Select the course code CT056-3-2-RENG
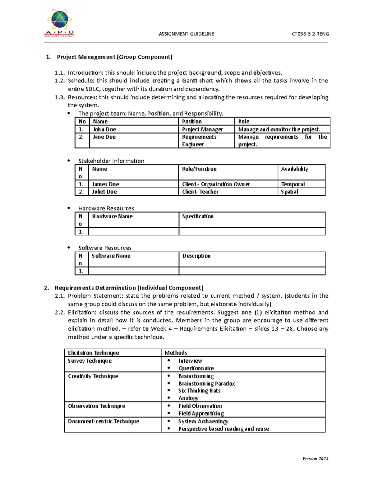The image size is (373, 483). click(x=310, y=34)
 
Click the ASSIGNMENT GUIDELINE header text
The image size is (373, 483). click(x=186, y=34)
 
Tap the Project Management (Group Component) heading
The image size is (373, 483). click(x=114, y=57)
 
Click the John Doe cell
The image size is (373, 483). click(x=104, y=129)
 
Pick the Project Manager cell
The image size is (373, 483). click(x=202, y=129)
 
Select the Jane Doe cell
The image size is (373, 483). click(x=104, y=137)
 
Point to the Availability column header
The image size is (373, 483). click(x=294, y=169)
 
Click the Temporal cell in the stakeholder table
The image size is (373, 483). click(x=293, y=184)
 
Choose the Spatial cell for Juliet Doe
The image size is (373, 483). click(x=289, y=192)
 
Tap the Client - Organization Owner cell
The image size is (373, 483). click(x=216, y=184)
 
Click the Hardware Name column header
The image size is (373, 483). click(x=112, y=216)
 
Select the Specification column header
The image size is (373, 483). click(x=198, y=216)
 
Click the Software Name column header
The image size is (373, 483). click(x=111, y=256)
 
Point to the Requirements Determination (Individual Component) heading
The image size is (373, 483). click(x=129, y=288)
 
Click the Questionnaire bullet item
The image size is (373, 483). click(x=196, y=368)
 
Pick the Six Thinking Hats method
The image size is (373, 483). click(x=199, y=391)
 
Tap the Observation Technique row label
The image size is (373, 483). click(x=97, y=406)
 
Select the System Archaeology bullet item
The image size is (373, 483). click(x=203, y=421)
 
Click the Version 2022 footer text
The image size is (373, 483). click(x=315, y=458)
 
